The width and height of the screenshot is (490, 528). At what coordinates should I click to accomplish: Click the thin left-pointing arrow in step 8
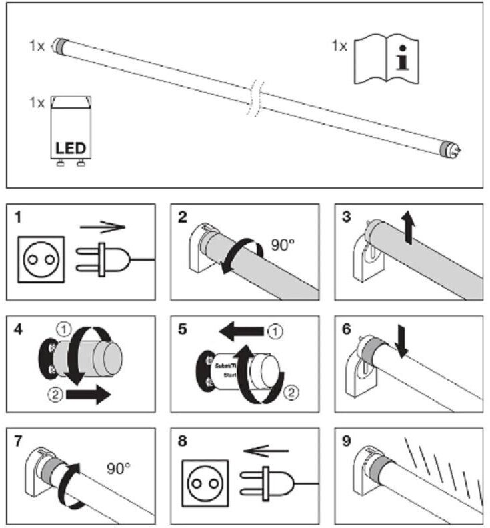point(263,451)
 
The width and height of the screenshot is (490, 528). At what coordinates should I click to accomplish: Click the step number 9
point(347,441)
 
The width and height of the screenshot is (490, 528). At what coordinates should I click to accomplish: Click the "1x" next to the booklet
point(339,47)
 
